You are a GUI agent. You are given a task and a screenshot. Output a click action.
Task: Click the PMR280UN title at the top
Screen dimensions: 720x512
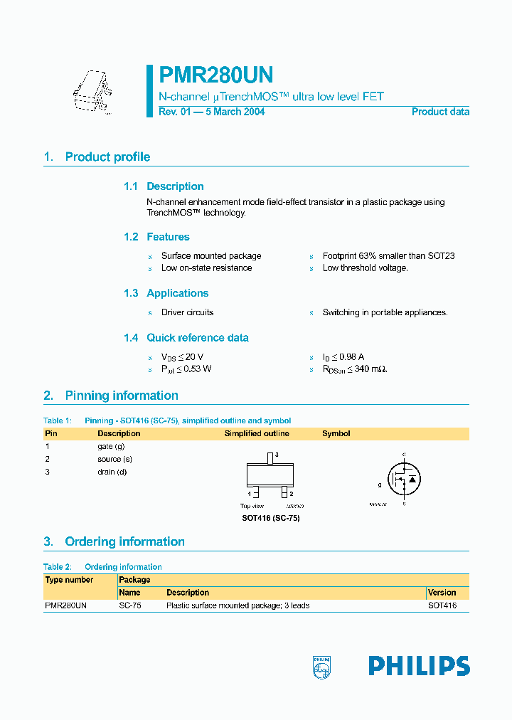coord(215,75)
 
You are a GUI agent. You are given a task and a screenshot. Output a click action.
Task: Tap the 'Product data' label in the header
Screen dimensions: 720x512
coord(440,112)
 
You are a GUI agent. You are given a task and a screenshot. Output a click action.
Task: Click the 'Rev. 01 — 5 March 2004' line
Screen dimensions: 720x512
coord(211,112)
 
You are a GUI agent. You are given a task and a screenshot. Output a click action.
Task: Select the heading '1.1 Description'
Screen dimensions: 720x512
coord(164,186)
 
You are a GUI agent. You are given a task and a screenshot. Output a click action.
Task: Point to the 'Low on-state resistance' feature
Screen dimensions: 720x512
coord(206,268)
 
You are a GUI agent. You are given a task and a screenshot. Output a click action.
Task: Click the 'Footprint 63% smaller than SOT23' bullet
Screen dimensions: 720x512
coord(388,256)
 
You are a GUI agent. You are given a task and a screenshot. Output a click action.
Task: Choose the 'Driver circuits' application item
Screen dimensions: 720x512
coord(187,312)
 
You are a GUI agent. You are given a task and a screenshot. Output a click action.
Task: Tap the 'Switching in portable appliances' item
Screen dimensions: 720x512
coord(385,312)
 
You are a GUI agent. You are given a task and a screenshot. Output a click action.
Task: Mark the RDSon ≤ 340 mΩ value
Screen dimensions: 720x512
coord(355,369)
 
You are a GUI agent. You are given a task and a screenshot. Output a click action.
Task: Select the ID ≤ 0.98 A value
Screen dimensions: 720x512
coord(343,357)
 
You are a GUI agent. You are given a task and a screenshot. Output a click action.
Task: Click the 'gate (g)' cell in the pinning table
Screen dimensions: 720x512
coord(111,447)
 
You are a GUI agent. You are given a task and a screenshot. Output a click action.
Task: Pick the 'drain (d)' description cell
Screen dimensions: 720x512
coord(112,472)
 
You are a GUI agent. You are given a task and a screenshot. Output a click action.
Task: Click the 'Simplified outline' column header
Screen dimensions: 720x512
coord(257,433)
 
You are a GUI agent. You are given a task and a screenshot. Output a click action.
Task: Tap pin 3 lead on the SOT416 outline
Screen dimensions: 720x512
coord(270,457)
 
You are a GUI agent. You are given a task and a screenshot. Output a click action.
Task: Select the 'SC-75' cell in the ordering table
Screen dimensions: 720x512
coord(129,605)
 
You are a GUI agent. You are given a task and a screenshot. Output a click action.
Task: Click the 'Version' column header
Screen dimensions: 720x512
coord(442,593)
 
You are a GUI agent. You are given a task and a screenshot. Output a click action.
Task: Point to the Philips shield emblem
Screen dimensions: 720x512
coord(321,667)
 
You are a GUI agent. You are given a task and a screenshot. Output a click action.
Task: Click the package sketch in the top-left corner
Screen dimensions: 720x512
coord(92,91)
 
